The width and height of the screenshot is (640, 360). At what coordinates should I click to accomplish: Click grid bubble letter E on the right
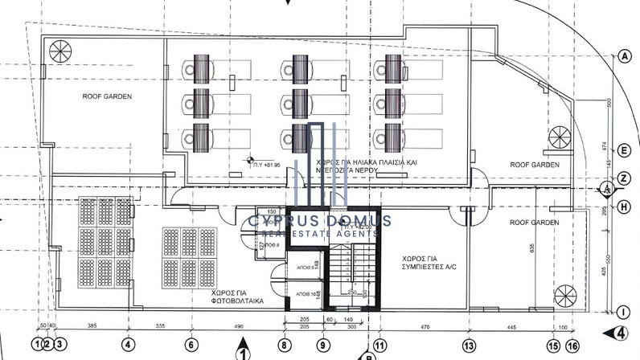(x=624, y=149)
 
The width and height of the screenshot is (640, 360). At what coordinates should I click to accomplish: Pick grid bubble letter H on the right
(x=624, y=205)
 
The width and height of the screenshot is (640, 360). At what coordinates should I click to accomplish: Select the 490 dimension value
(x=238, y=327)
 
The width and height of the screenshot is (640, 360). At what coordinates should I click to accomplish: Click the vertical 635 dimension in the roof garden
(x=532, y=248)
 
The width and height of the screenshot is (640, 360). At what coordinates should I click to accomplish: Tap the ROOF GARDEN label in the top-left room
(x=106, y=96)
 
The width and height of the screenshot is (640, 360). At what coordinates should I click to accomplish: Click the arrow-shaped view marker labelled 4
(x=618, y=333)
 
